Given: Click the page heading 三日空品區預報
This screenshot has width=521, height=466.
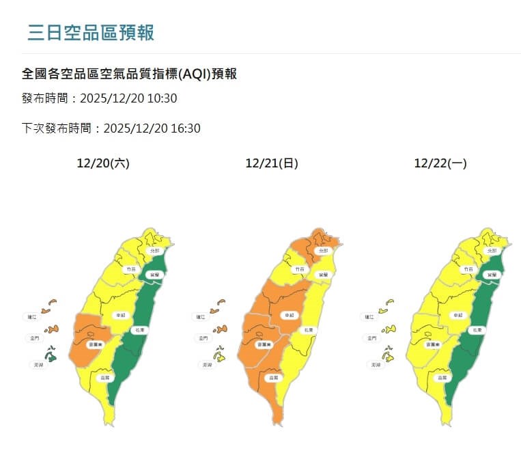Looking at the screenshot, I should tap(91, 32).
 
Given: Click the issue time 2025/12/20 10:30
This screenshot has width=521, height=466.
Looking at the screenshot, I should tap(128, 98).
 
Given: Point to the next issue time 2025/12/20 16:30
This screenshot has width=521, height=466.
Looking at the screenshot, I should tap(152, 128).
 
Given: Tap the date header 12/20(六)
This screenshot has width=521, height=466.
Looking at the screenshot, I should tap(103, 163).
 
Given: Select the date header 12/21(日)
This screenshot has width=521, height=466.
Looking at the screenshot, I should tap(272, 163).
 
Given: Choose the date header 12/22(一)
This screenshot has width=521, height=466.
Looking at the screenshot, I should tap(440, 163).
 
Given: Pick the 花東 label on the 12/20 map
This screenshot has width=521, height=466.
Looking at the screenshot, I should tap(139, 330).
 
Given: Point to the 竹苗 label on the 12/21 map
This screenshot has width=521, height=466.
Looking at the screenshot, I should tap(299, 270).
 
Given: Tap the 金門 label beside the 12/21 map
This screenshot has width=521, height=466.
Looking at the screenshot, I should tap(202, 338).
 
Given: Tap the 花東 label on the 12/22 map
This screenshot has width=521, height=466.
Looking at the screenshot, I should tap(477, 330).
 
